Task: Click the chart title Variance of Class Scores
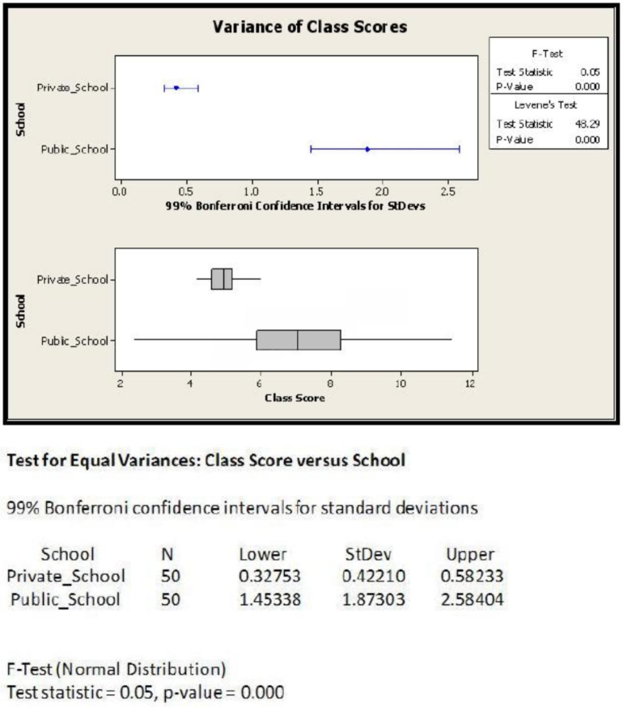click(x=310, y=27)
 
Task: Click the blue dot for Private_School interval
click(x=176, y=87)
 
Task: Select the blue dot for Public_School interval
click(x=367, y=149)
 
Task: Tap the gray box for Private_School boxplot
click(x=222, y=278)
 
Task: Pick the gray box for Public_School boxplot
click(x=299, y=340)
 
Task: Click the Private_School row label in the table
click(x=66, y=577)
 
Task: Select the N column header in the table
click(x=167, y=555)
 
